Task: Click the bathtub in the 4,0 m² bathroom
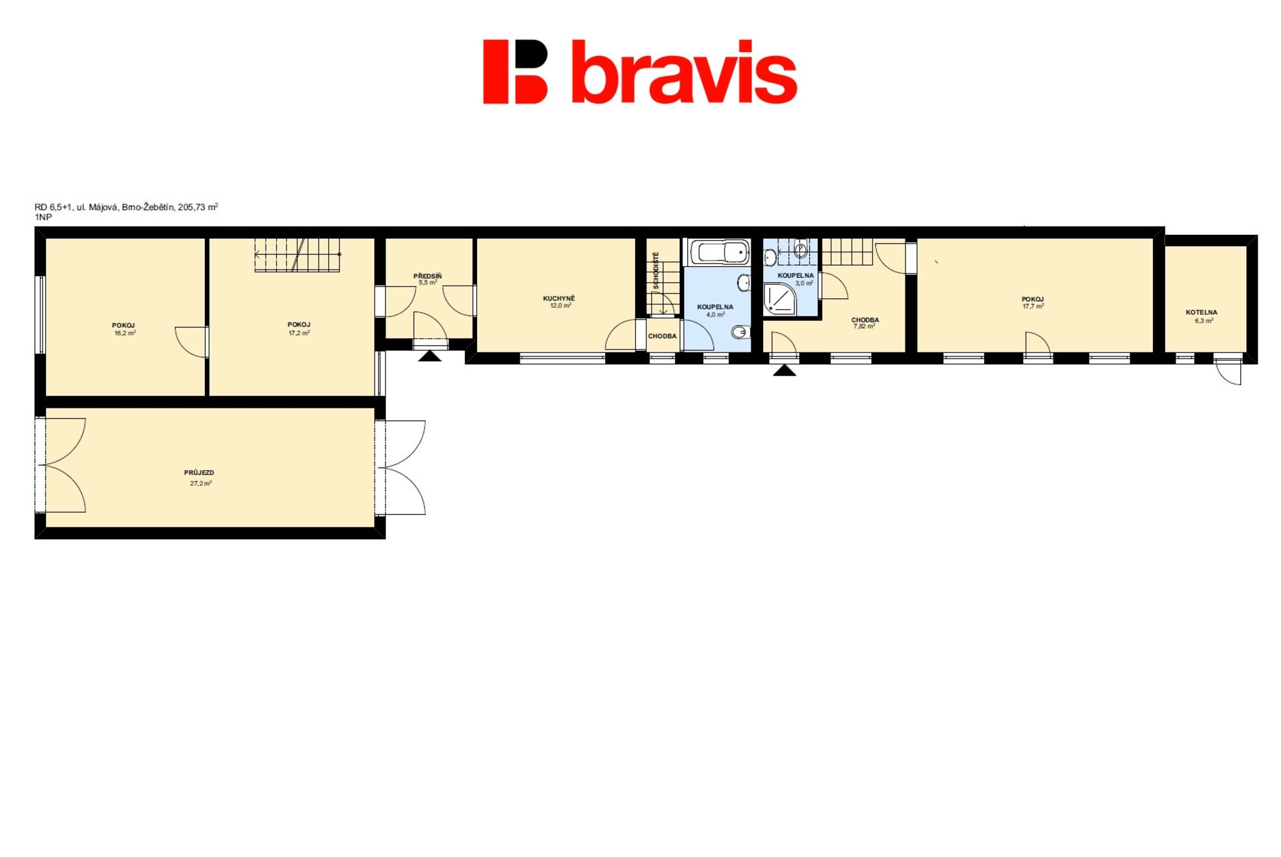click(x=719, y=253)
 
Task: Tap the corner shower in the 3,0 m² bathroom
click(x=780, y=298)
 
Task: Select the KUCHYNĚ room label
click(x=559, y=298)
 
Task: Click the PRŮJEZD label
click(x=199, y=473)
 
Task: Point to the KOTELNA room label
click(x=1202, y=312)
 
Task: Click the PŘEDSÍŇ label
click(x=428, y=276)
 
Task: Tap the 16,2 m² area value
click(x=125, y=333)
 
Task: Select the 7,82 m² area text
click(x=864, y=326)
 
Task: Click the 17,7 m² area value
click(x=1033, y=306)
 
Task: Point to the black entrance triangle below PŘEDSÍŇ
click(x=430, y=356)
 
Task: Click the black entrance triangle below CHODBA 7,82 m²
click(x=785, y=370)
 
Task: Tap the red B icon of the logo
click(x=515, y=72)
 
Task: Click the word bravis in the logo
click(x=685, y=72)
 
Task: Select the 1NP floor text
click(x=43, y=218)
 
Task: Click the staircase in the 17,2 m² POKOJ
click(x=298, y=255)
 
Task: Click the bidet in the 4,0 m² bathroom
click(x=739, y=332)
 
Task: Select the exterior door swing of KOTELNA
click(x=1228, y=372)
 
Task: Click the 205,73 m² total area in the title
click(x=198, y=207)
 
